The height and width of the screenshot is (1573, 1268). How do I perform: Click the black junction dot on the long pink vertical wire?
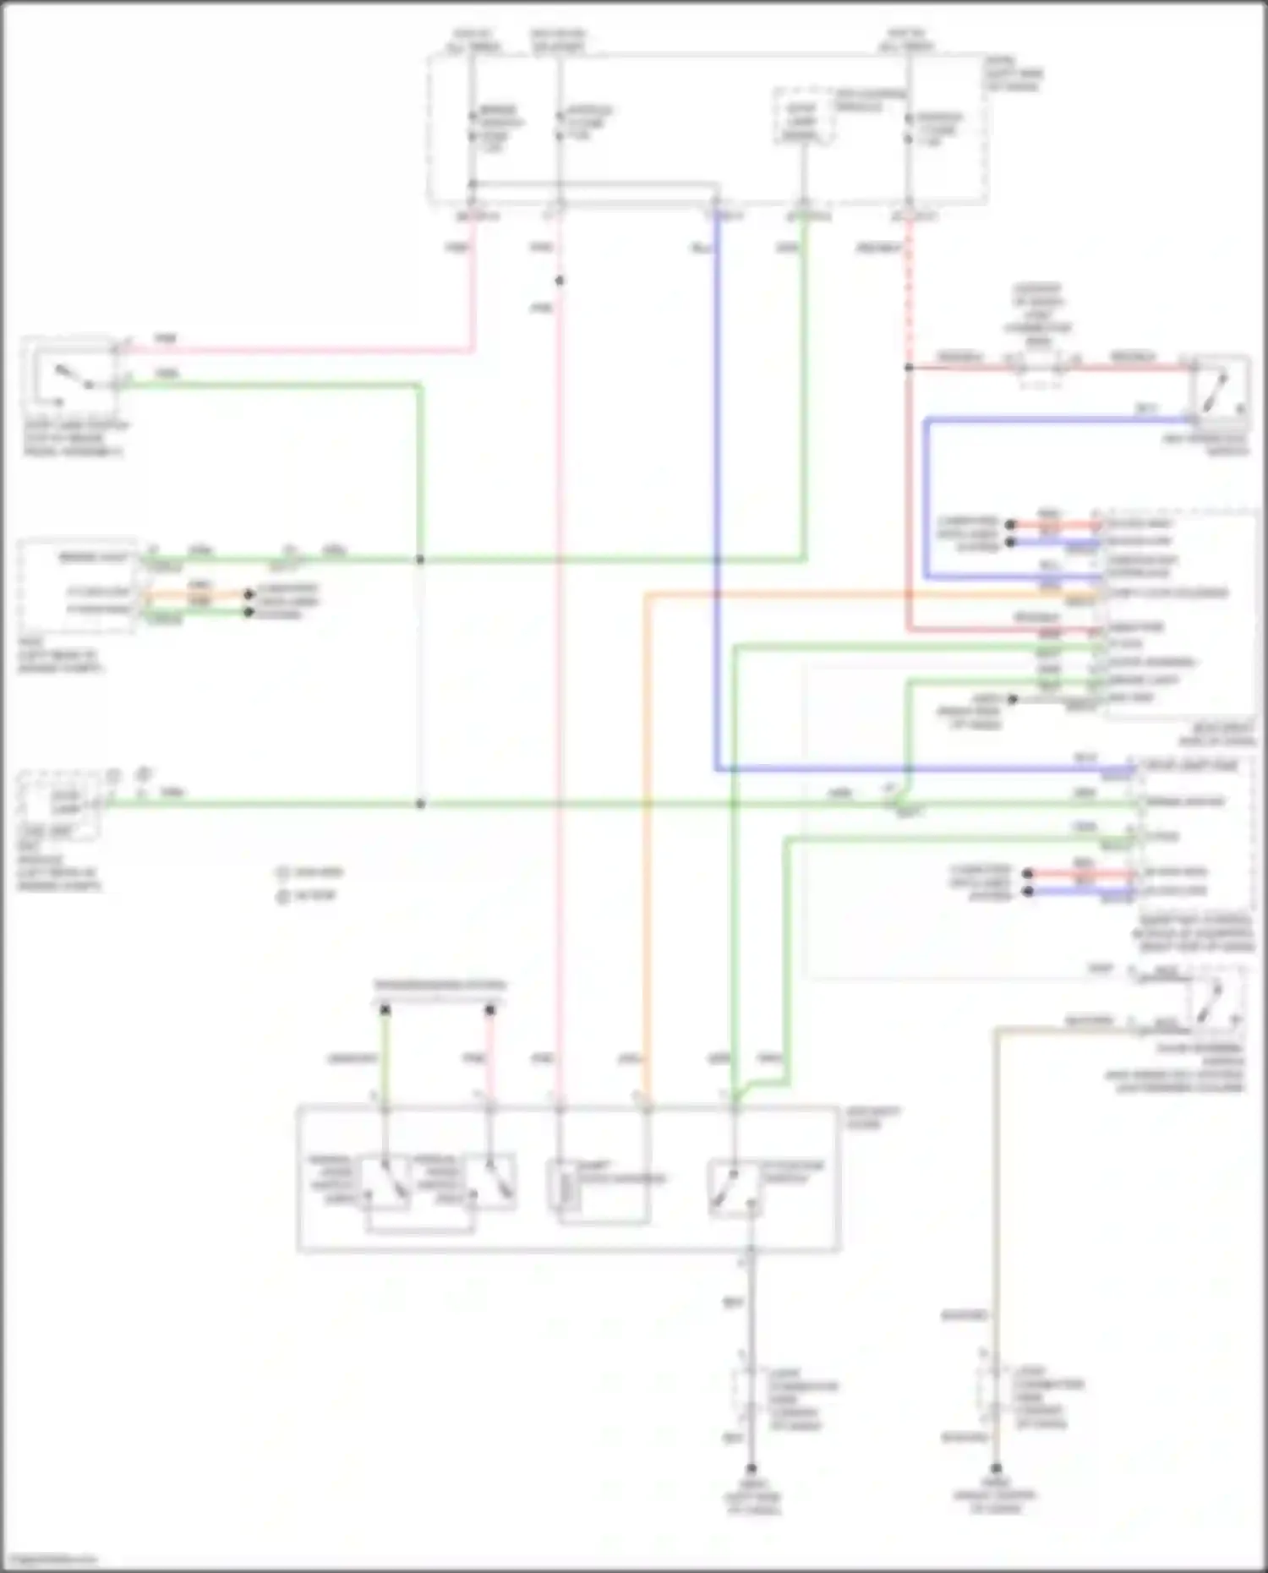point(559,281)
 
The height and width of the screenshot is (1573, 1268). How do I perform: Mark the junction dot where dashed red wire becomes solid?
point(909,368)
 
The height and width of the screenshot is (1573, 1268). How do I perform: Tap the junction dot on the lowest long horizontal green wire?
point(420,804)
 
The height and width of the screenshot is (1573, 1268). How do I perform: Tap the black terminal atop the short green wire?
point(385,1010)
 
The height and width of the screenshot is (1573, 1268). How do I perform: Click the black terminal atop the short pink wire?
point(490,1010)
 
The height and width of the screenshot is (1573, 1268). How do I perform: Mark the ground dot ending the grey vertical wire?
point(751,1469)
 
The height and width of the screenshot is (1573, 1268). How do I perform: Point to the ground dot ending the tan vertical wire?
point(996,1469)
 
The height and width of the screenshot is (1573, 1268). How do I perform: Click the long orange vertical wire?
point(647,845)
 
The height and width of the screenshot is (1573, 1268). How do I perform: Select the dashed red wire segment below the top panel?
point(909,296)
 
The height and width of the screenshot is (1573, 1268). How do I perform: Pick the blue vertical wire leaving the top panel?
point(717,507)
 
